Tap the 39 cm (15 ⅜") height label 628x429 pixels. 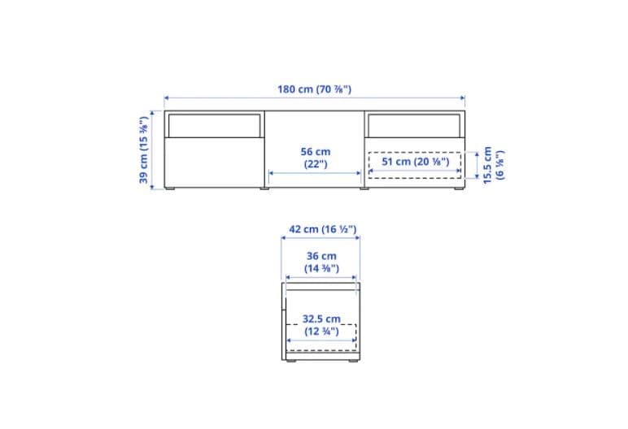pos(144,150)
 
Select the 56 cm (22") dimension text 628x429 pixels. pos(316,158)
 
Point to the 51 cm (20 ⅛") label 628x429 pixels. pos(415,162)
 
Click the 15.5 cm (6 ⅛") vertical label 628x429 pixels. pos(494,166)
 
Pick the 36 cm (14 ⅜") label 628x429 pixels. pos(321,262)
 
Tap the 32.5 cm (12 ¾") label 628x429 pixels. pos(321,325)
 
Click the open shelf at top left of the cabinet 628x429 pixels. pos(214,125)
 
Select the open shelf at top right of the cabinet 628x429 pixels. pos(415,125)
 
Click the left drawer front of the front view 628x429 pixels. pos(214,162)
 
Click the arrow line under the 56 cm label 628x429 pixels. pos(316,173)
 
